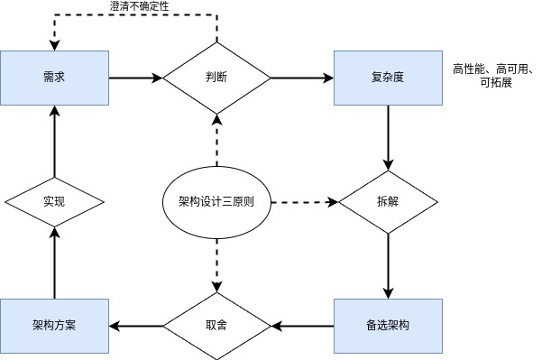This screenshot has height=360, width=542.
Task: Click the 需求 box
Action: [54, 78]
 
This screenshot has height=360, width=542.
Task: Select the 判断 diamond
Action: [216, 78]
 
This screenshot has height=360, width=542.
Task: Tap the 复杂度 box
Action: [388, 78]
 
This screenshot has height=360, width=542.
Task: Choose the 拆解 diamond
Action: [388, 201]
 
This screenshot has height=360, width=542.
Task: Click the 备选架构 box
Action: [388, 324]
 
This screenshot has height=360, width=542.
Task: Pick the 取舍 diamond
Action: [216, 324]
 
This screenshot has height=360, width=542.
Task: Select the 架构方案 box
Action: [54, 324]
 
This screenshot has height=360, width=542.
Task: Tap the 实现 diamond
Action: [54, 201]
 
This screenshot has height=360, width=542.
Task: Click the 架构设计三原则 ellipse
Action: [216, 201]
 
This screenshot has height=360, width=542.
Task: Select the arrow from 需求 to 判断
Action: [135, 78]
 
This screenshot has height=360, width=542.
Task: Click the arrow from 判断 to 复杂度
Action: [302, 78]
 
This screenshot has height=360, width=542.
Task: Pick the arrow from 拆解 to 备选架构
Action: [388, 265]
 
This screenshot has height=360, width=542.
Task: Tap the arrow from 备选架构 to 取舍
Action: [302, 324]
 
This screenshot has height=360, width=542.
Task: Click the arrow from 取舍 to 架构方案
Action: [135, 324]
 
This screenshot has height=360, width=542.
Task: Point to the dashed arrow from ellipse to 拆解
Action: [303, 201]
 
